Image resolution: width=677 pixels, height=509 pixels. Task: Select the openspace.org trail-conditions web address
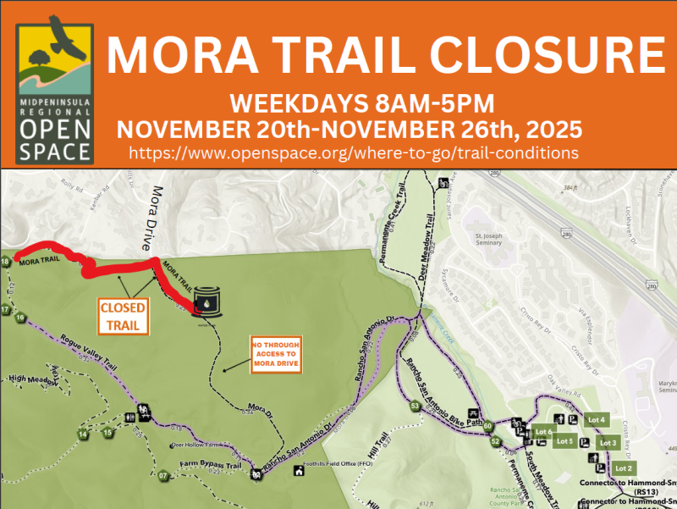click(354, 152)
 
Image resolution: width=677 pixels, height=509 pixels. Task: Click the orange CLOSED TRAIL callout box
click(123, 315)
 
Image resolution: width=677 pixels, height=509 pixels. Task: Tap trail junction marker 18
click(6, 263)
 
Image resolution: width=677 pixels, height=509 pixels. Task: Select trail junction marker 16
click(19, 316)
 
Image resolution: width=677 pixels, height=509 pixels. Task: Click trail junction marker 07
click(163, 475)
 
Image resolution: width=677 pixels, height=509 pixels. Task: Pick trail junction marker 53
click(416, 406)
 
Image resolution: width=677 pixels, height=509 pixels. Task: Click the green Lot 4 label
click(597, 420)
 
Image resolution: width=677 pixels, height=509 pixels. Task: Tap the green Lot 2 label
click(624, 468)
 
